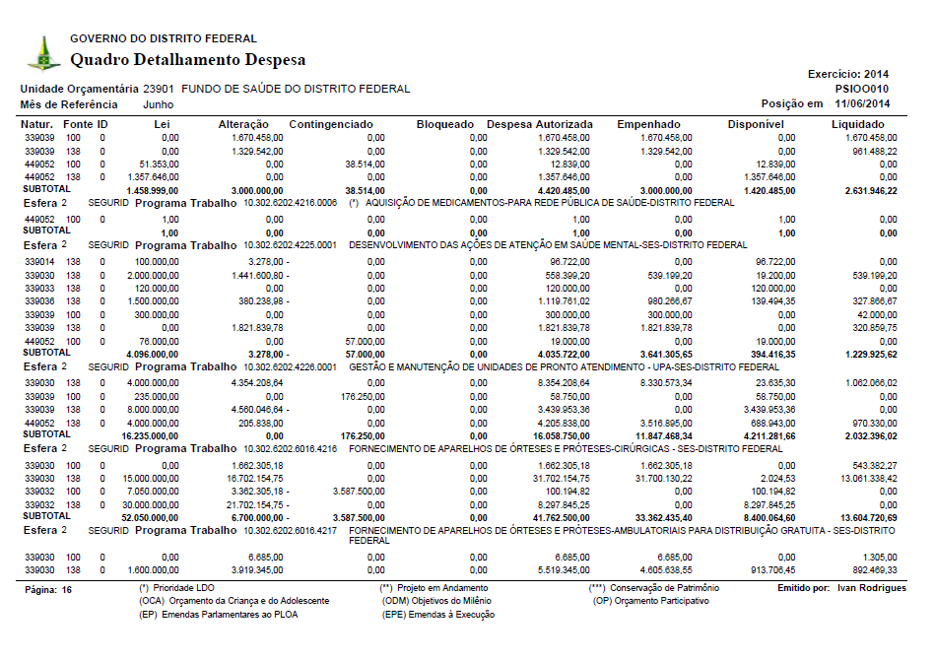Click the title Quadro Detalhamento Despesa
click(x=187, y=60)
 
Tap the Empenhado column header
click(x=649, y=124)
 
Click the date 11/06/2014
click(x=862, y=103)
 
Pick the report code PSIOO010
click(x=862, y=89)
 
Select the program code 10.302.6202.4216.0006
click(x=290, y=202)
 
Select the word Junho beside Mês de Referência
click(x=160, y=103)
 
